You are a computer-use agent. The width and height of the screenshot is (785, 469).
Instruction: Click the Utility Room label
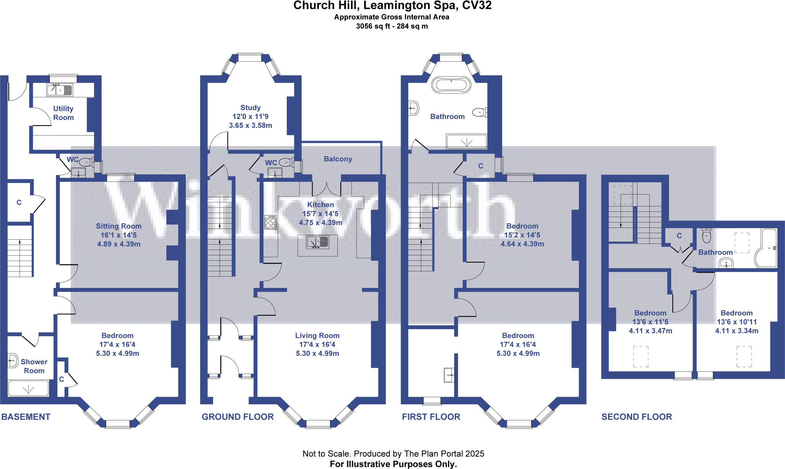pos(63,113)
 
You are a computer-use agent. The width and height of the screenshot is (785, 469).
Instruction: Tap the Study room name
pos(250,108)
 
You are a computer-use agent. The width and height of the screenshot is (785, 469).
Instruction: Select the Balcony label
pos(338,159)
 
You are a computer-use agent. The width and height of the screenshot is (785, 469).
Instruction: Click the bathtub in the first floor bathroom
pos(451,85)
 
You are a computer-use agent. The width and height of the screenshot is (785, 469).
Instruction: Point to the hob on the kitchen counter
pos(271,222)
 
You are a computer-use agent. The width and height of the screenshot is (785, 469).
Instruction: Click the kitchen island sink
pos(318,242)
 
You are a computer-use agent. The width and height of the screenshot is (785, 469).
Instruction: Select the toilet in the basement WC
pos(87,162)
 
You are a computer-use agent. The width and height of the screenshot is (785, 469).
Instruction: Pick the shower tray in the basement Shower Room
pos(28,388)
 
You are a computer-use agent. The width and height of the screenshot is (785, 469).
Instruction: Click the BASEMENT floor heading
pos(26,417)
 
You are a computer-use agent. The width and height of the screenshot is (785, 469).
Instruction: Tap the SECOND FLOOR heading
pos(637,417)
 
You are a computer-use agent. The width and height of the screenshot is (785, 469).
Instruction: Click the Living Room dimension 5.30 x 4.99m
pos(317,353)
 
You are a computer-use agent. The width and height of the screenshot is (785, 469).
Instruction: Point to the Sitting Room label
pos(118,226)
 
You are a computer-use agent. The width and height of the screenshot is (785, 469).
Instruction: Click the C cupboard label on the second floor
pos(679,235)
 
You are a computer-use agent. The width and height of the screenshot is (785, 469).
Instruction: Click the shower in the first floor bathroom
pos(466,142)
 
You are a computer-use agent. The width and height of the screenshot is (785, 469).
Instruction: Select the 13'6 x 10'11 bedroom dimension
pos(737,322)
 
